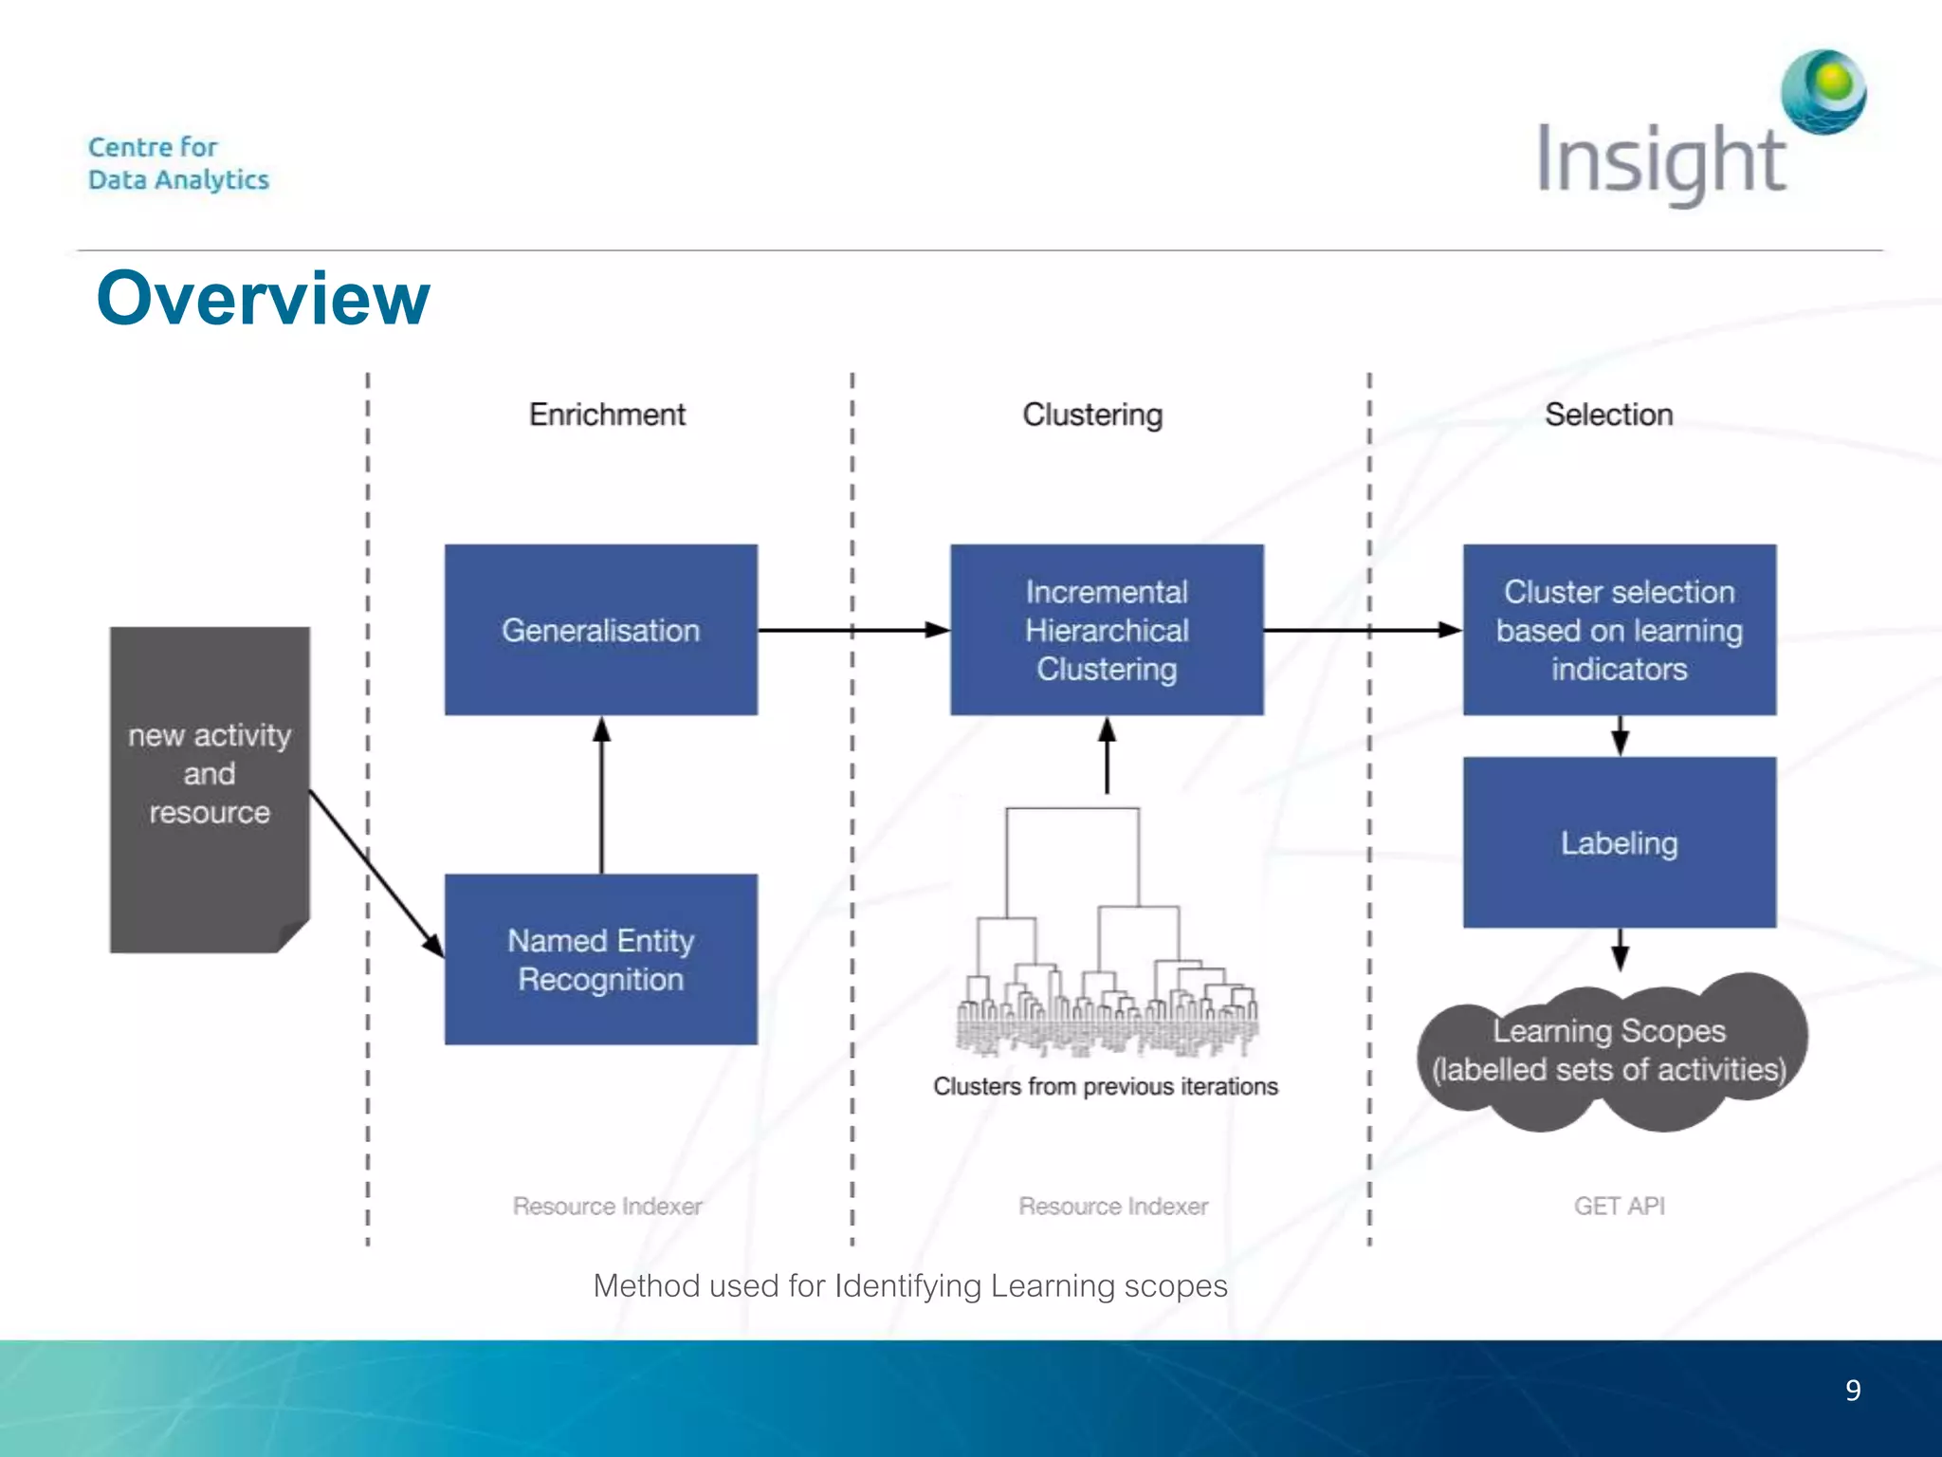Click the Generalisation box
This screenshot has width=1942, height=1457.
click(600, 630)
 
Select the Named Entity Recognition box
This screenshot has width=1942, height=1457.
click(600, 959)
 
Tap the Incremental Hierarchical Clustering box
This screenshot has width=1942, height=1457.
click(1107, 630)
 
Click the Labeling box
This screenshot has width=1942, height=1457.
click(1619, 842)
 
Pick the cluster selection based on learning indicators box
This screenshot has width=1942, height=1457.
click(1619, 630)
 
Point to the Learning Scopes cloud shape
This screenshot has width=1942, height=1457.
click(1609, 1051)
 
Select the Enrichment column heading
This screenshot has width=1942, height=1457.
click(607, 415)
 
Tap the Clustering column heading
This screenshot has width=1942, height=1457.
click(1092, 415)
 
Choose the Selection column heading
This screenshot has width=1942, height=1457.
click(1608, 415)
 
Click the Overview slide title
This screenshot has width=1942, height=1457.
click(263, 298)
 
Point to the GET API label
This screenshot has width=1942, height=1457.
click(1619, 1206)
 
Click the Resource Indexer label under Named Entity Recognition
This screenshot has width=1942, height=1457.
click(607, 1206)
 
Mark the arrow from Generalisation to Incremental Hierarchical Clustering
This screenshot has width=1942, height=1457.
click(853, 630)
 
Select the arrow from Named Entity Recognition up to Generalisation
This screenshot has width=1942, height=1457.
click(601, 797)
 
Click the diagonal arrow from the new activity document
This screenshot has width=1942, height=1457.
click(375, 871)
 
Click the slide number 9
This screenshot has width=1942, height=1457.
click(1852, 1391)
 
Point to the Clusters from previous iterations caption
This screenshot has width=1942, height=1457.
click(1105, 1086)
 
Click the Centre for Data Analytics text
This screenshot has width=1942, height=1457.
click(178, 163)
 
